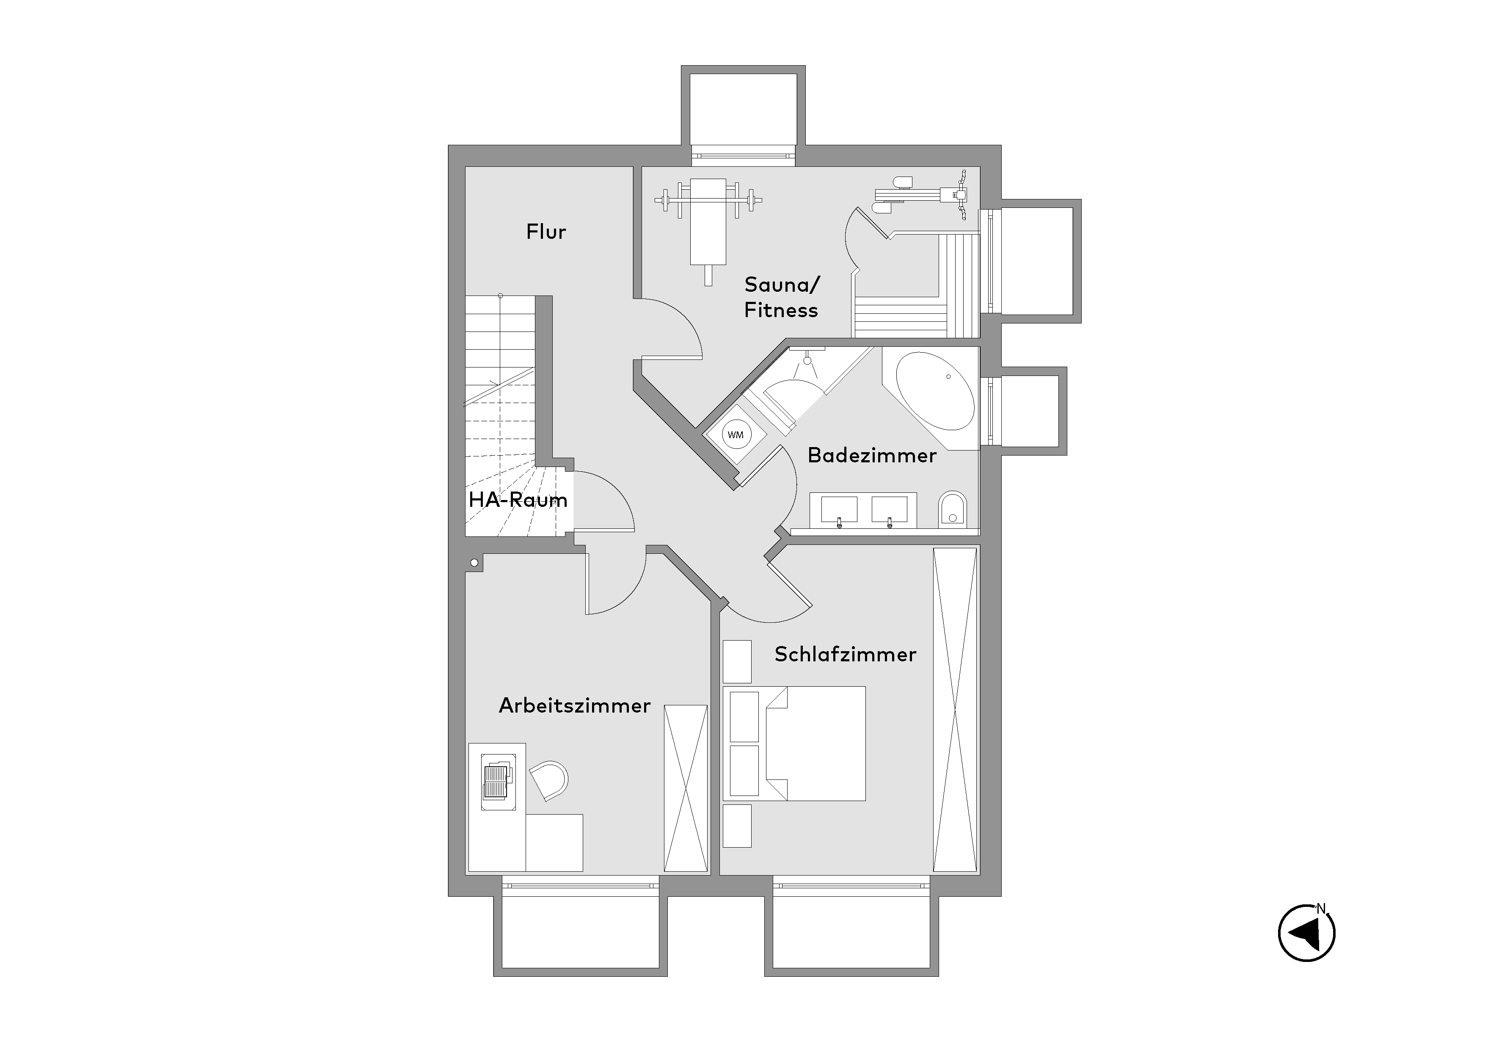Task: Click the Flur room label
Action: [x=546, y=232]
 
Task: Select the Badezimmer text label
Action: [x=872, y=456]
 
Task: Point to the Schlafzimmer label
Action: [x=846, y=654]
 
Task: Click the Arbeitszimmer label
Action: [x=574, y=705]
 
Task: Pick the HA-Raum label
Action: [x=518, y=500]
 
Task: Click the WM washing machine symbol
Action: [x=736, y=435]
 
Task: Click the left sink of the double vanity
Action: [x=839, y=510]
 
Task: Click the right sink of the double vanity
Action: [x=889, y=510]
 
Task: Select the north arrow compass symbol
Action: [x=1306, y=933]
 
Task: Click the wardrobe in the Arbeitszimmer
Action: [x=686, y=788]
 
